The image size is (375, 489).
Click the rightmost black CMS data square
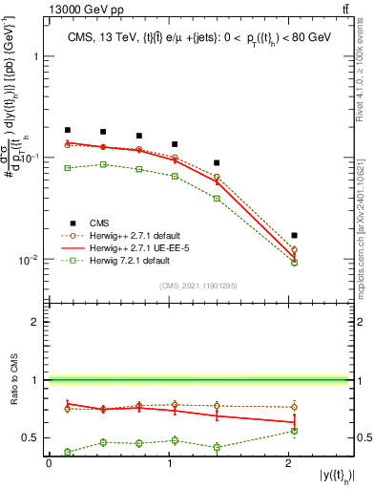coord(294,235)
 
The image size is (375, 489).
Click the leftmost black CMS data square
coord(68,130)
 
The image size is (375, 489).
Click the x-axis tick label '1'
coord(168,462)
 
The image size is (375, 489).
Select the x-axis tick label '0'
coord(49,462)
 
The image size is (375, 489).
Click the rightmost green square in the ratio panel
coord(294,431)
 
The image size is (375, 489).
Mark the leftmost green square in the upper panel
coord(68,168)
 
